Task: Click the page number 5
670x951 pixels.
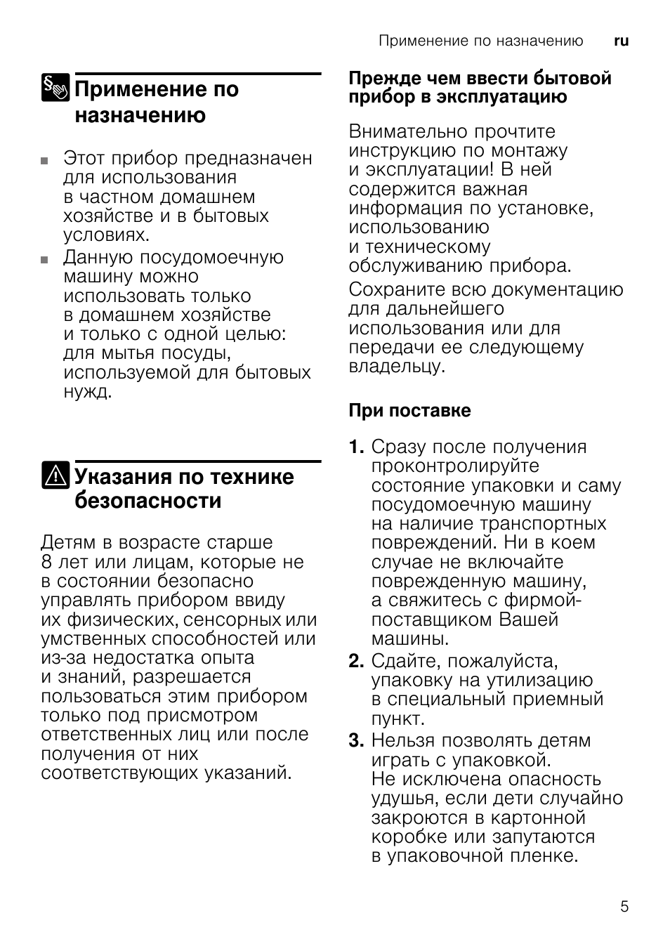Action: [624, 906]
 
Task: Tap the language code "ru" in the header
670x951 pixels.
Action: [621, 41]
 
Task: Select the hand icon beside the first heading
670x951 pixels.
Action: [55, 88]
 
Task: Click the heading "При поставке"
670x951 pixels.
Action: [409, 410]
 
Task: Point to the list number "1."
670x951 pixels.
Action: [357, 447]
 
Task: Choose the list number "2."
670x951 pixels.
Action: [357, 661]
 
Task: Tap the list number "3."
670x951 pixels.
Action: [357, 740]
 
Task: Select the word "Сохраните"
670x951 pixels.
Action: [398, 289]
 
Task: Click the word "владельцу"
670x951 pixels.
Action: [395, 367]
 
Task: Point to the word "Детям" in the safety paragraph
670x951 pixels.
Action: [68, 543]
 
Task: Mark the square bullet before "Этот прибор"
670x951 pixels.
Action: [45, 160]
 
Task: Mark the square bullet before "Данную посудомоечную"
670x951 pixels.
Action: [45, 259]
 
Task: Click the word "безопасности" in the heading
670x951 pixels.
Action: [147, 501]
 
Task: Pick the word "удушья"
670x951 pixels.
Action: [404, 799]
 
